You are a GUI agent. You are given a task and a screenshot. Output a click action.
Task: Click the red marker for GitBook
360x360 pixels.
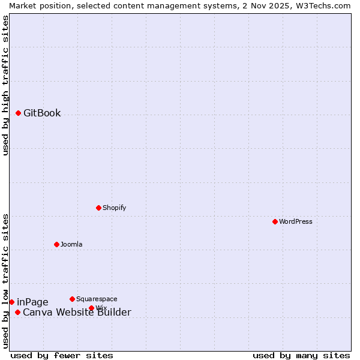point(18,113)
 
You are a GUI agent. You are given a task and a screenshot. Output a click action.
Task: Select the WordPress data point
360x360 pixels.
point(275,221)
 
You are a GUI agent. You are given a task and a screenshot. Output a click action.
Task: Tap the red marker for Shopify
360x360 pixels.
point(98,208)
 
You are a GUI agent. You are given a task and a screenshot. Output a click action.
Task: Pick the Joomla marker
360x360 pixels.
point(56,244)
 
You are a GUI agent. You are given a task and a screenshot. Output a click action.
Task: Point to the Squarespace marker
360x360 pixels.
point(72,299)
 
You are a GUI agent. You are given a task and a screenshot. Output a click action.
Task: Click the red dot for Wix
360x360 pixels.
point(91,308)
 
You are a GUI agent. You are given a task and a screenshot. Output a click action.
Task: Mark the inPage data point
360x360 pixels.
point(11,302)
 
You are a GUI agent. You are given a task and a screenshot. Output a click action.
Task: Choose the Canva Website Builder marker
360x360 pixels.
point(17,312)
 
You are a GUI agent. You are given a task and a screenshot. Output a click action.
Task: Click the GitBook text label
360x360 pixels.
point(42,113)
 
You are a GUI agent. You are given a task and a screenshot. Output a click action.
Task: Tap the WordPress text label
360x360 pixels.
point(296,221)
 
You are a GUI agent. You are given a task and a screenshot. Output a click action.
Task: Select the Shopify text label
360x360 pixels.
point(114,208)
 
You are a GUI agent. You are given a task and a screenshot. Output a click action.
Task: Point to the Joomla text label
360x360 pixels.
point(71,244)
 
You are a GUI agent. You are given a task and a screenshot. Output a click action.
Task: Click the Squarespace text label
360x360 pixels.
point(97,299)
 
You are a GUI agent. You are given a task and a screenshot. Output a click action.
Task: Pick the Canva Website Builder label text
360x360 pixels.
point(77,312)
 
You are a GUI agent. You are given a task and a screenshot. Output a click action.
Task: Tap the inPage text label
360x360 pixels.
point(32,302)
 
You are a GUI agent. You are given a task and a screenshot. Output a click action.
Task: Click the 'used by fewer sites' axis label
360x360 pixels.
point(62,355)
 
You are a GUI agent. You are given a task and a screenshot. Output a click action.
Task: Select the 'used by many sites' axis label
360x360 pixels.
point(301,355)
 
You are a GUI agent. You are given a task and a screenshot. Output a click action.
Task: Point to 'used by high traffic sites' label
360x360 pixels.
point(5,85)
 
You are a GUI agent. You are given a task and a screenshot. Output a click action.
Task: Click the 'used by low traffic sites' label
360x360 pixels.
point(5,281)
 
